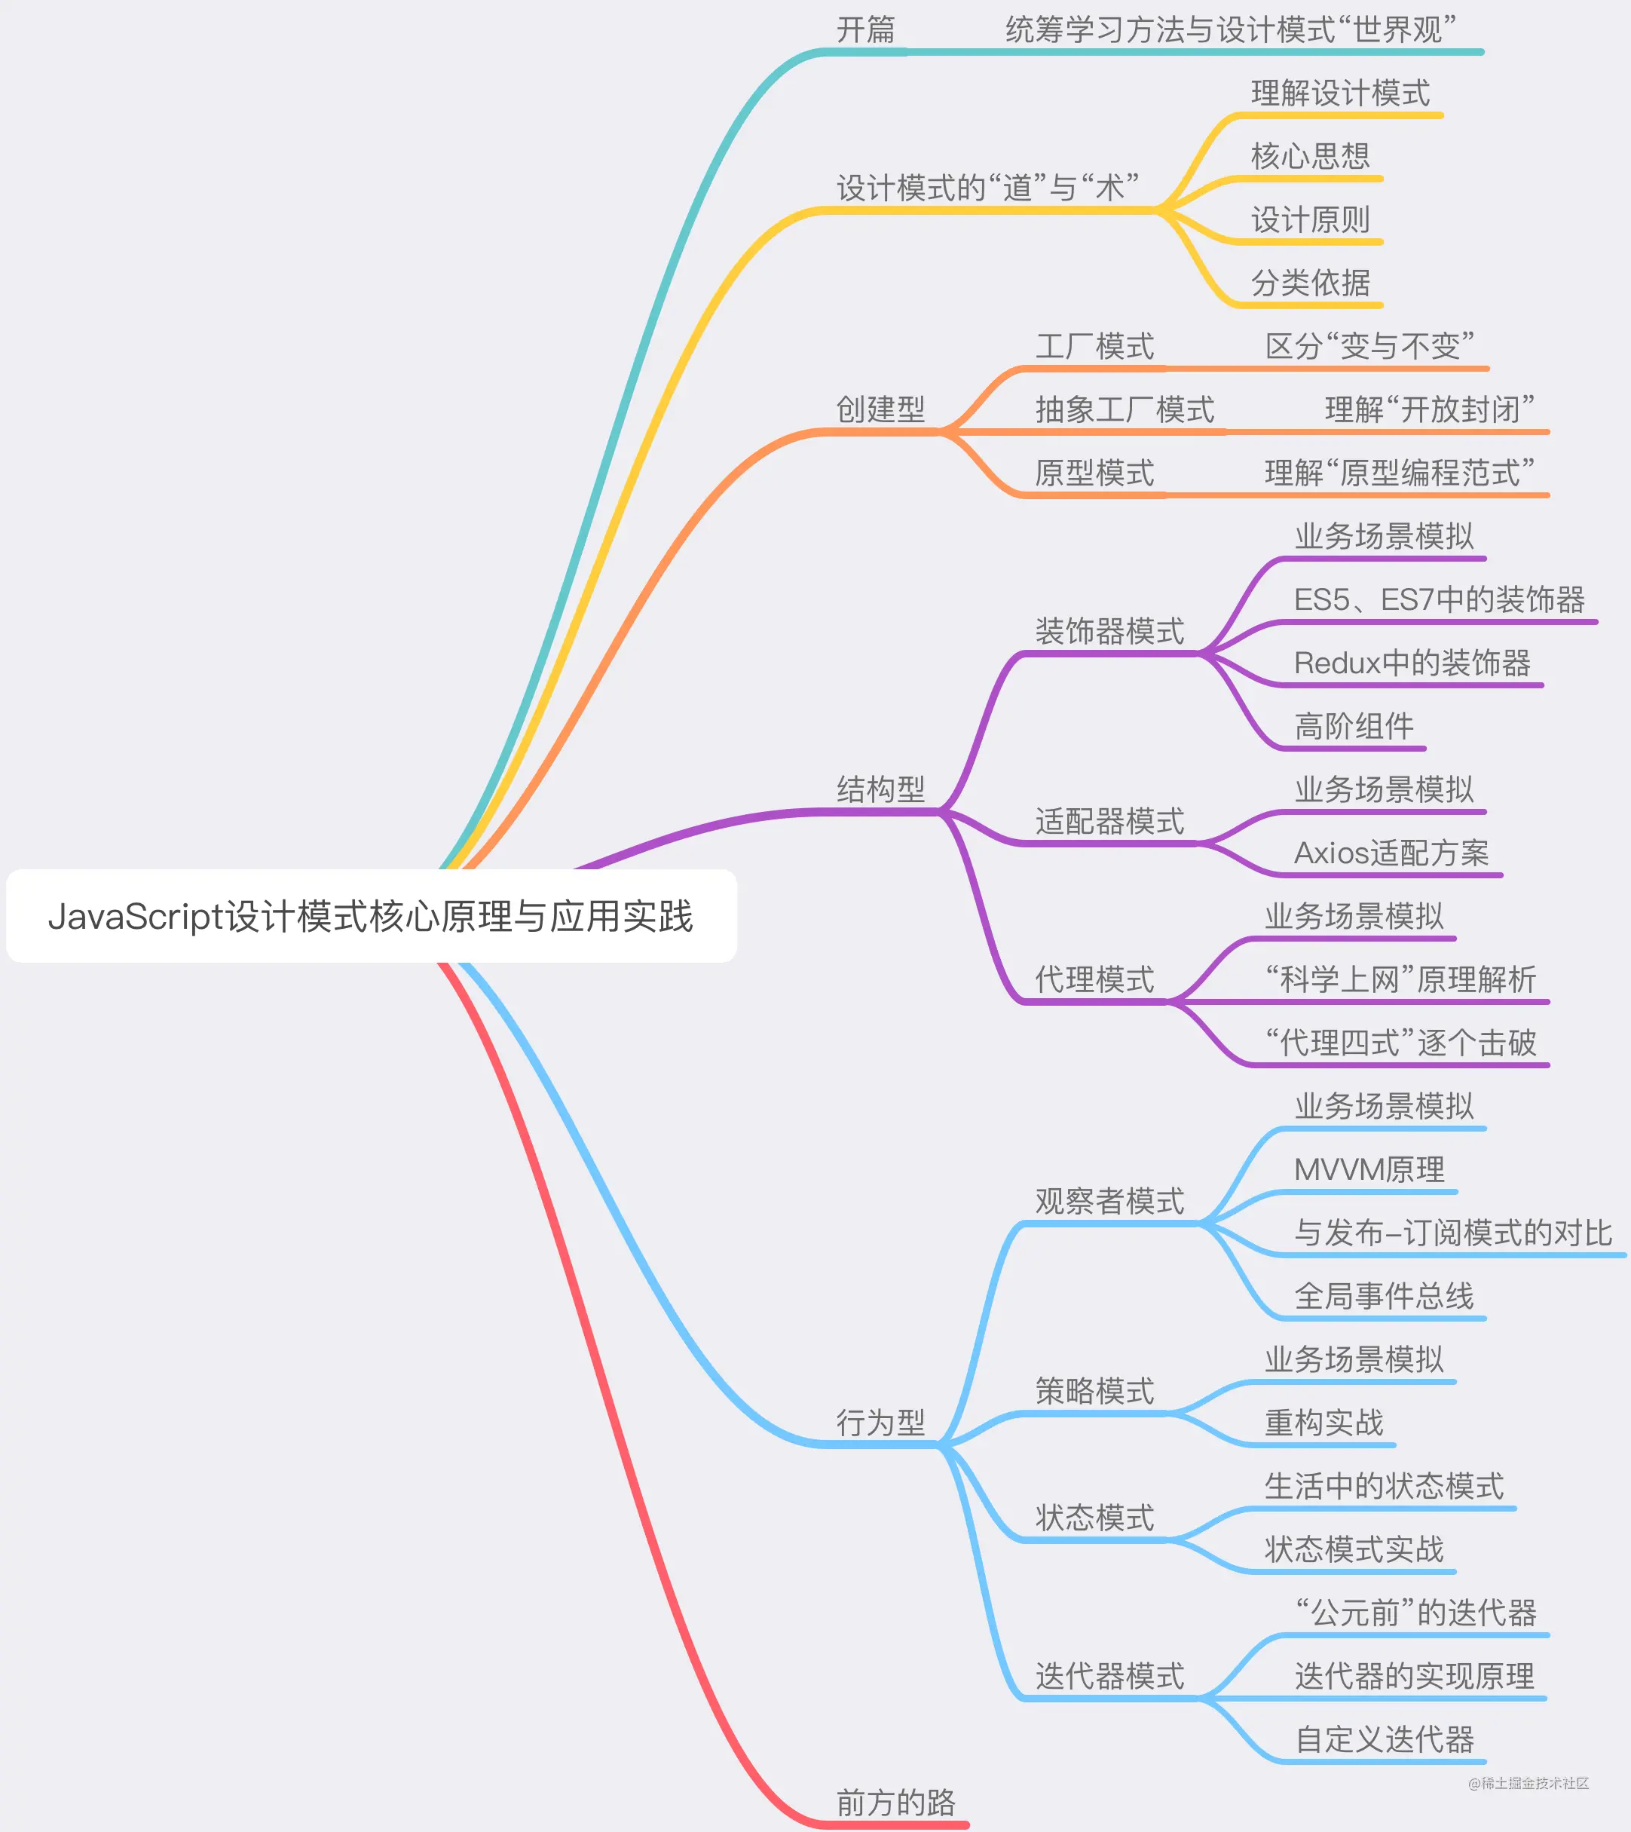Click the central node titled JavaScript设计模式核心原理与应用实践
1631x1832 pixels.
click(371, 916)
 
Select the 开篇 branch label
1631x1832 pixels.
click(866, 30)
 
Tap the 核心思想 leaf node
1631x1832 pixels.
click(1310, 157)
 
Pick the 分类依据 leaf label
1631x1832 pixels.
click(1310, 283)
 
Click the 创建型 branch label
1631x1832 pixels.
click(880, 409)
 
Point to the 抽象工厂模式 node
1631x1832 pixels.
click(1125, 409)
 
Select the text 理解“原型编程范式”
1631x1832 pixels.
click(1399, 473)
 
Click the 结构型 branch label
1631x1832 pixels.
click(880, 789)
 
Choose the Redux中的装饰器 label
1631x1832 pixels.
click(1412, 663)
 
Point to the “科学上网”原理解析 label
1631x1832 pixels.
click(1400, 979)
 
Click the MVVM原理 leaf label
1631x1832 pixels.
click(1369, 1169)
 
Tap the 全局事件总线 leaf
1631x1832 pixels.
click(1384, 1296)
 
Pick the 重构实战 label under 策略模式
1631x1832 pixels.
click(1323, 1423)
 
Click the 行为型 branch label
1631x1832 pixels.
click(880, 1423)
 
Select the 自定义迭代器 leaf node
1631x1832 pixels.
click(1385, 1740)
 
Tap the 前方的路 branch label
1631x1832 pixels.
click(895, 1803)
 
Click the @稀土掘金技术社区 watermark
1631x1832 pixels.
click(1528, 1783)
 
